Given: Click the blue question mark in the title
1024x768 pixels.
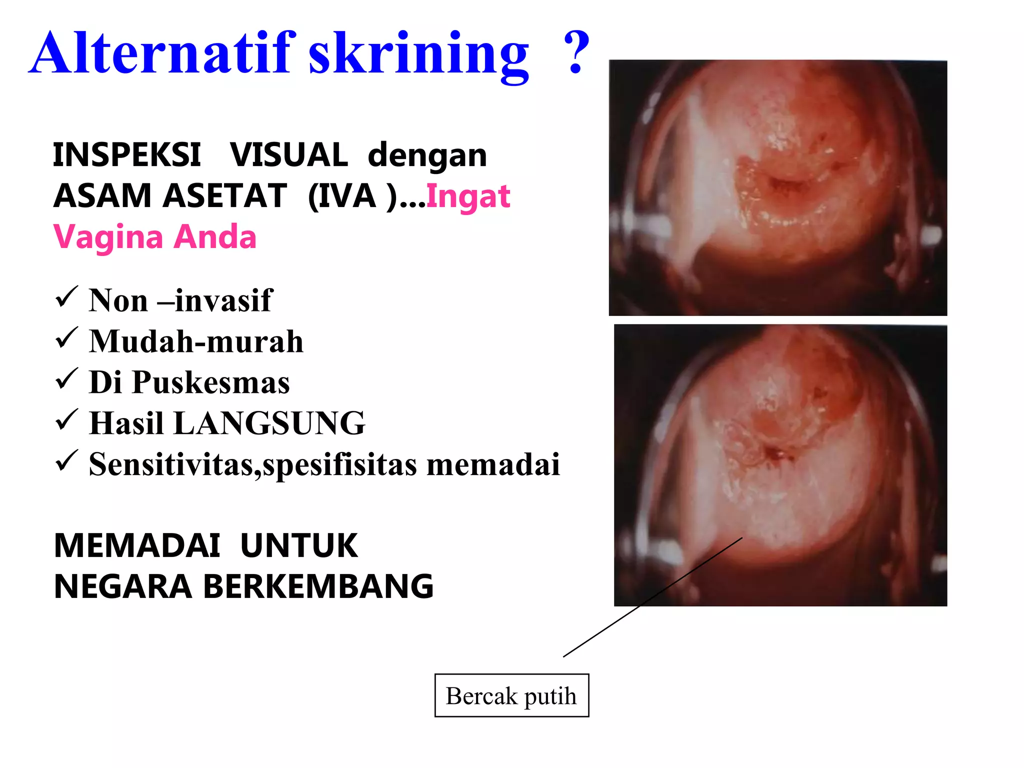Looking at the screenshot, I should tap(576, 52).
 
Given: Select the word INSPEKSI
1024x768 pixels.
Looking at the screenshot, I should tap(127, 155).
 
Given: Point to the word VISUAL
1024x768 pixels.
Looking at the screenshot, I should tap(289, 155).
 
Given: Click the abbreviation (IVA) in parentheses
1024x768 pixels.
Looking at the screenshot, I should tap(352, 196).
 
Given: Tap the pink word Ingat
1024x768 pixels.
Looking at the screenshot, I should tap(468, 196).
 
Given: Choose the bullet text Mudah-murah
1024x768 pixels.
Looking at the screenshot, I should tap(196, 342).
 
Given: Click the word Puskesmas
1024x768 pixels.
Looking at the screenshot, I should tap(211, 383).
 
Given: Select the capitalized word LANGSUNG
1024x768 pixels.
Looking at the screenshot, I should tap(269, 423).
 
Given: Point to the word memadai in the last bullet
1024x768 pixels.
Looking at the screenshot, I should tap(492, 464).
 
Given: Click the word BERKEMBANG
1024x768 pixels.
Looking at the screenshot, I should tap(318, 586).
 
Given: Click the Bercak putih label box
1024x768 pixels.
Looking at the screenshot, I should tap(511, 695).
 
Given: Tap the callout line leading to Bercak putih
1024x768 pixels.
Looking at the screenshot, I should tap(652, 597).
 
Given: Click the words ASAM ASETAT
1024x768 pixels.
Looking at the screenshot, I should tap(170, 196).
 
